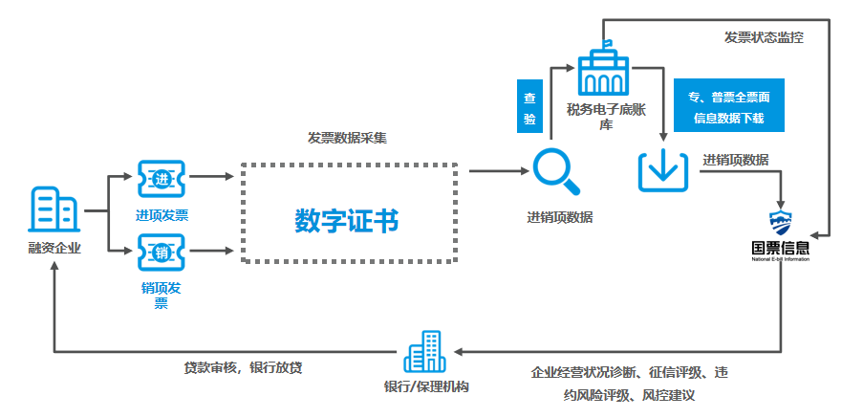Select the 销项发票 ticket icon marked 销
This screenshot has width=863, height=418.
[x=161, y=253]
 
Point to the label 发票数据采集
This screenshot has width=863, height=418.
[x=346, y=138]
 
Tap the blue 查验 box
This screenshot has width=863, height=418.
[x=529, y=107]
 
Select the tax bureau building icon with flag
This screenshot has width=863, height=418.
[x=604, y=69]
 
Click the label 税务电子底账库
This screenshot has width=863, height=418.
[x=605, y=116]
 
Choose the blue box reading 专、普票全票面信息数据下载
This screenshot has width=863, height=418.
[x=728, y=105]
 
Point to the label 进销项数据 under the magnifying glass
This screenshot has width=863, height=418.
[x=559, y=216]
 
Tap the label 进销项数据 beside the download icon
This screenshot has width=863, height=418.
[x=736, y=160]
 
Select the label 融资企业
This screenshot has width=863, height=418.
[x=54, y=249]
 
